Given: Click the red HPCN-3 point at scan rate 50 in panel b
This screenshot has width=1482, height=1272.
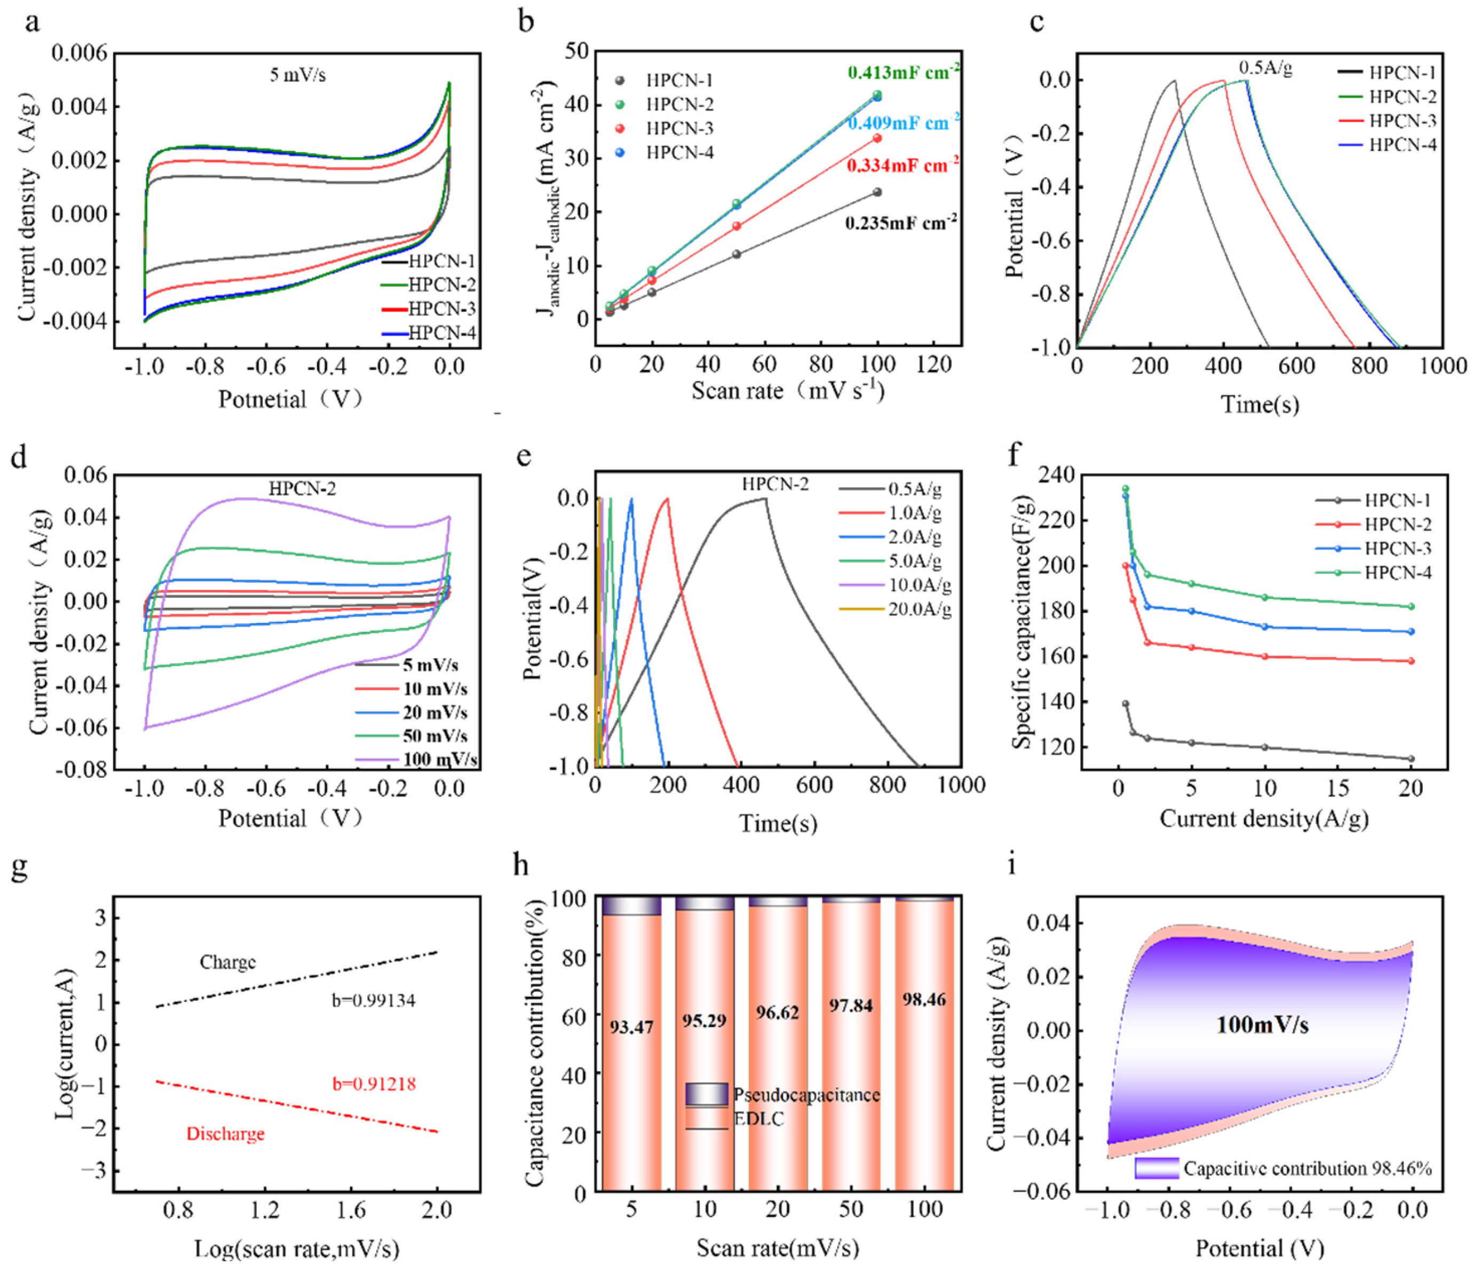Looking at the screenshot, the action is tap(736, 226).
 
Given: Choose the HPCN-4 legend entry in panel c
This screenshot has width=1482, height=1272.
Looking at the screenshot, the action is tap(1388, 145).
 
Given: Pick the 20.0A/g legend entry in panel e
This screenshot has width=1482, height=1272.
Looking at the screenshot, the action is tap(895, 610).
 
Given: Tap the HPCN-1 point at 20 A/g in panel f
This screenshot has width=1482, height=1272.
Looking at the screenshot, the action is tap(1411, 759).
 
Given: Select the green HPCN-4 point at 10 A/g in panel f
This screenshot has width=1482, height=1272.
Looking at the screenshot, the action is tap(1265, 597).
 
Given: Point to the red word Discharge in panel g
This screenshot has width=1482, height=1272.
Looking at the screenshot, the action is tap(225, 1134).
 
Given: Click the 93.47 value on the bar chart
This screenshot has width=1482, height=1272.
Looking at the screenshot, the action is tap(631, 1028).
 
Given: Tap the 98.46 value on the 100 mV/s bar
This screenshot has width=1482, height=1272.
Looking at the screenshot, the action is tap(924, 999).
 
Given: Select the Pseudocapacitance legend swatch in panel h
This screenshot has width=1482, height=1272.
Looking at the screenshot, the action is tap(707, 1094).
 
